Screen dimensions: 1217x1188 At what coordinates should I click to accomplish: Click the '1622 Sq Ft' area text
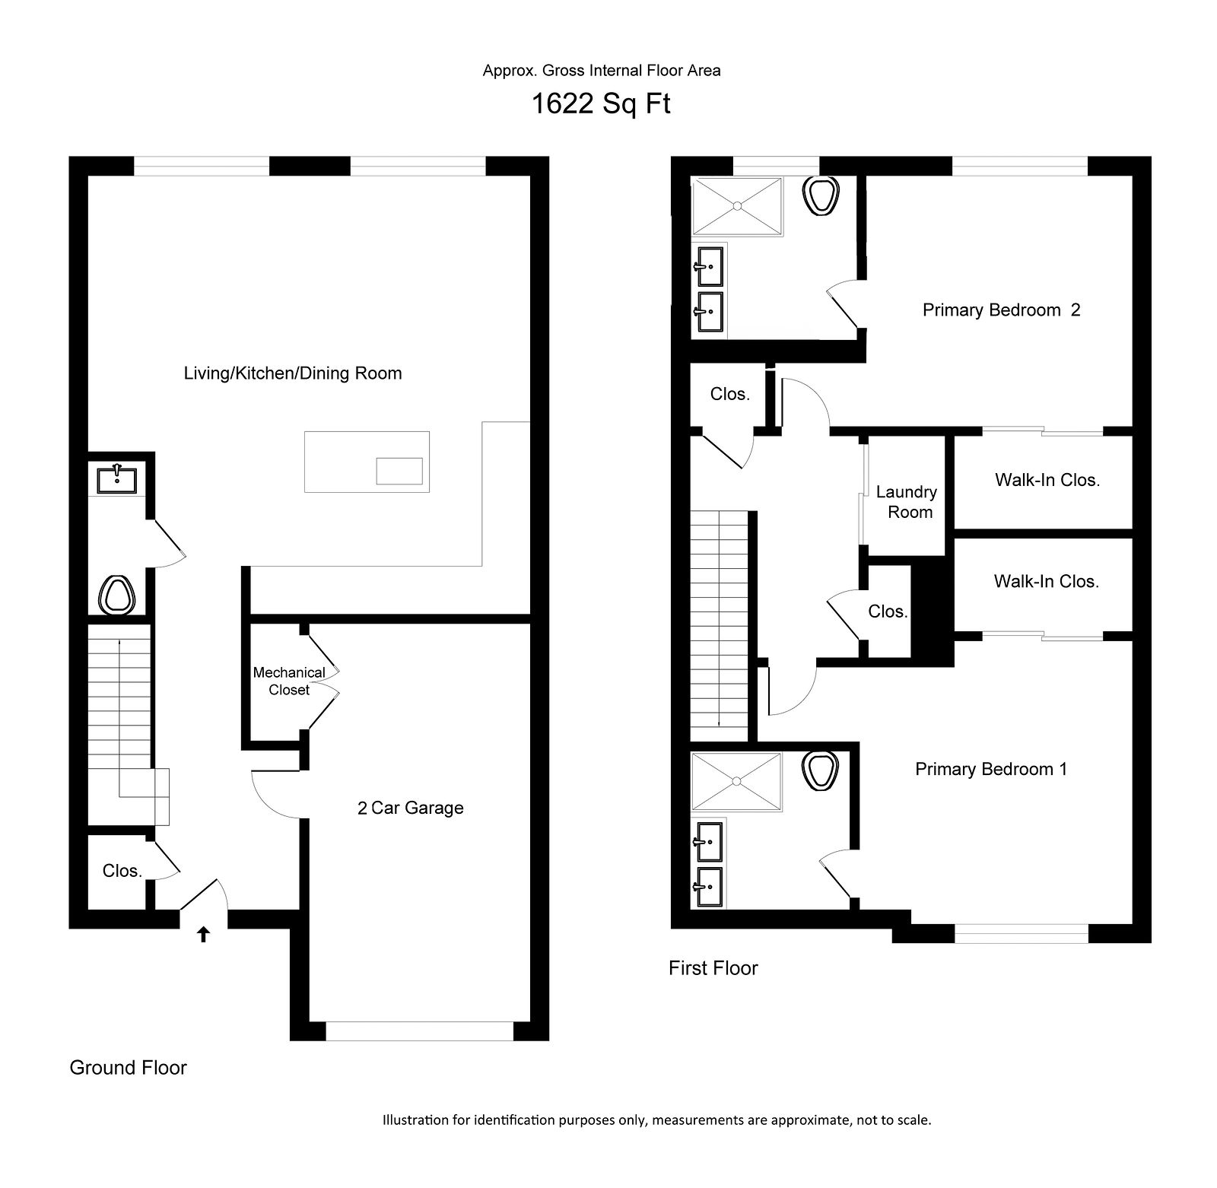[x=600, y=103]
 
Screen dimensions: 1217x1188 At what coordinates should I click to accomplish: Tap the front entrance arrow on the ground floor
[x=203, y=934]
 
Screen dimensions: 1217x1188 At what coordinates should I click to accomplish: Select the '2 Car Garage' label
[x=411, y=808]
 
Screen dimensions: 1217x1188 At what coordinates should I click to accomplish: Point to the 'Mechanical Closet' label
[x=289, y=681]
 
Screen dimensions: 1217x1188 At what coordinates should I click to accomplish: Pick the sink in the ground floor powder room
[x=117, y=480]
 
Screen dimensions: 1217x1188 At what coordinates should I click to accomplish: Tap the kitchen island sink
[x=399, y=471]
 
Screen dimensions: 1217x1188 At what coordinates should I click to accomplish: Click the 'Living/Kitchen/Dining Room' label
[x=293, y=373]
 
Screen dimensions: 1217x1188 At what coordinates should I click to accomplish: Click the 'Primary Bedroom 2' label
[x=1001, y=310]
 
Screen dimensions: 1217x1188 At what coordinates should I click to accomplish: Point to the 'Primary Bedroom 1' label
[x=991, y=769]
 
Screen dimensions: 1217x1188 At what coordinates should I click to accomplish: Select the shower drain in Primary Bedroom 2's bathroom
[x=736, y=205]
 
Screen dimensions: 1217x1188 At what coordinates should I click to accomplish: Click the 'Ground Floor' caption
[x=128, y=1068]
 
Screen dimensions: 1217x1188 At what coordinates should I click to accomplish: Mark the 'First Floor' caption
[x=713, y=968]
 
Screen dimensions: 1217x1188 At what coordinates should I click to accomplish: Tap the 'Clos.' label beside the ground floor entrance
[x=122, y=871]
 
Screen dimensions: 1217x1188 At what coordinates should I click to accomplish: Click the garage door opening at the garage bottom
[x=421, y=1031]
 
